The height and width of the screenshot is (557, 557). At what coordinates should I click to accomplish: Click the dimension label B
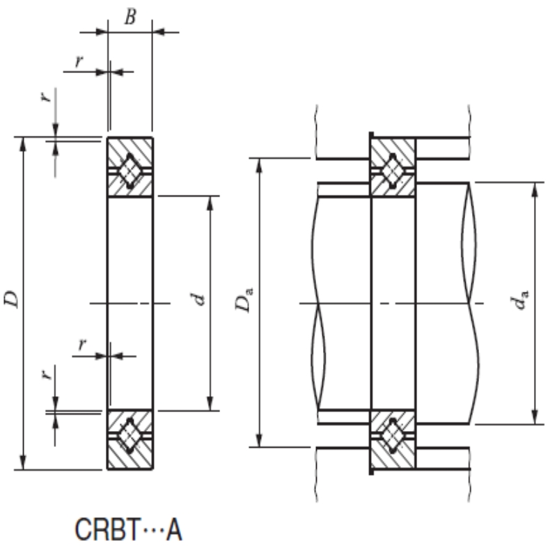(x=130, y=17)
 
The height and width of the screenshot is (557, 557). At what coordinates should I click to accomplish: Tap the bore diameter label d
(x=200, y=300)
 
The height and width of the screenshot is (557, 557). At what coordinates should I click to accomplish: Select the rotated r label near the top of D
(x=45, y=96)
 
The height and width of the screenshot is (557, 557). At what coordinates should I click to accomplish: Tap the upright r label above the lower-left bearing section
(x=82, y=343)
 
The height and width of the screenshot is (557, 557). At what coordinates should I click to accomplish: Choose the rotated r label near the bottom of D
(x=45, y=374)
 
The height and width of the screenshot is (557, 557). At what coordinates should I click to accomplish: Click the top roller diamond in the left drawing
(x=130, y=170)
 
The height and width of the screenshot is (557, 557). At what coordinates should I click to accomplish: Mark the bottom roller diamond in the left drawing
(x=130, y=437)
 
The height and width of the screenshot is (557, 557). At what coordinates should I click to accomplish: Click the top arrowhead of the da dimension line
(x=535, y=189)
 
